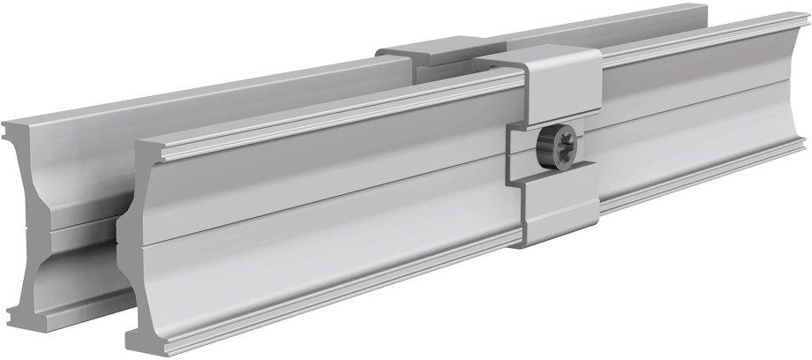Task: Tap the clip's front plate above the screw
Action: (x=560, y=97)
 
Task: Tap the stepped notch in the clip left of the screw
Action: (x=517, y=146)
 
